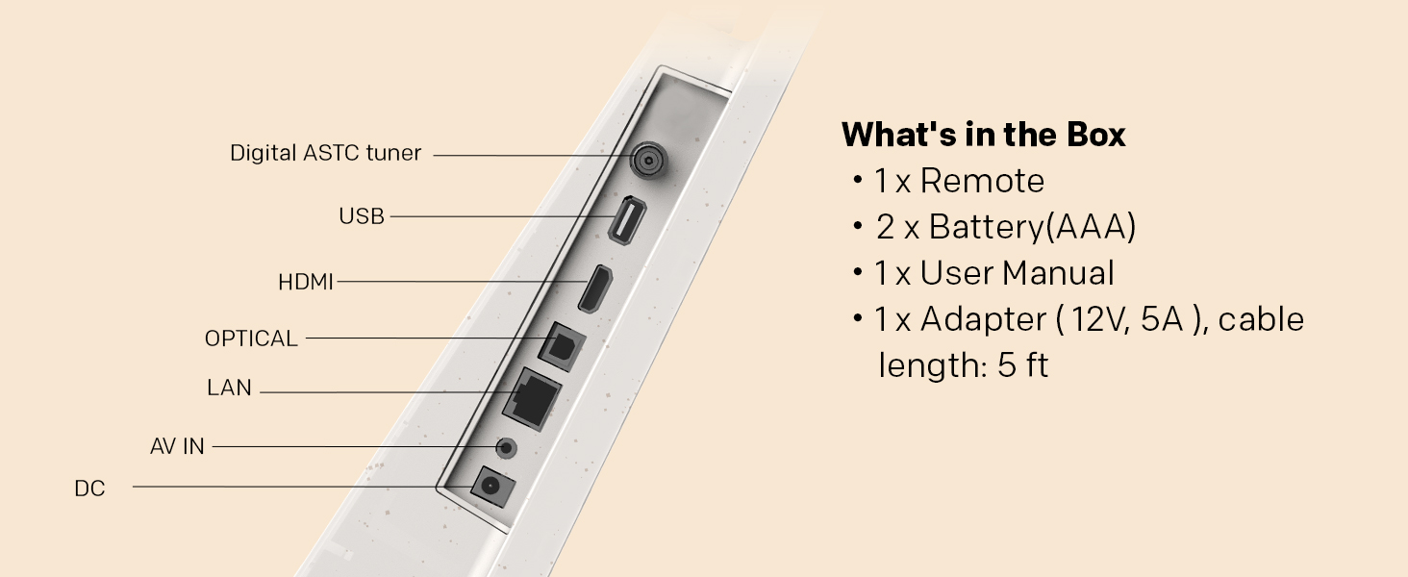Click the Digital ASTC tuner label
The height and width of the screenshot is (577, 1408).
coord(325,153)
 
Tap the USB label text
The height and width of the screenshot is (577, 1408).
coord(362,216)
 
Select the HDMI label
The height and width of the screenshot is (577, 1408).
coord(306,282)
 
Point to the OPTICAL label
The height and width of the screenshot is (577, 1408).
coord(251,339)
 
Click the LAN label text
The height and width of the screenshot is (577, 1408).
coord(229,388)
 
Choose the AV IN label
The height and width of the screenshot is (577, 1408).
coord(177,446)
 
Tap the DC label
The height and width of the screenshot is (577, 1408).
coord(89,489)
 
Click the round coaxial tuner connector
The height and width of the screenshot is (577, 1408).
coord(648,161)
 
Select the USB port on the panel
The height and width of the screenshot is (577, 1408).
coord(627,220)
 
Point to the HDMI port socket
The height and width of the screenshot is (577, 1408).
coord(595,289)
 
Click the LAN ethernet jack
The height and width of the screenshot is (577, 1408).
coord(533,399)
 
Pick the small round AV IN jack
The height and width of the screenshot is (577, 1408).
coord(506,448)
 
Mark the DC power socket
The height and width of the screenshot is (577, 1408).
coord(492,487)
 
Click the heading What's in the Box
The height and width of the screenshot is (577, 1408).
coord(983,135)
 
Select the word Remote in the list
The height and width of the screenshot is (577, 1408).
coord(982,181)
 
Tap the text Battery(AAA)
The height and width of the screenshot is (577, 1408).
coord(1032,227)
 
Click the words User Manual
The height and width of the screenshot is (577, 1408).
coord(1017,273)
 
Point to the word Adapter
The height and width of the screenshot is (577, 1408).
coord(983,320)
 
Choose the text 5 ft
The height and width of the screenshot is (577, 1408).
coord(1022,365)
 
